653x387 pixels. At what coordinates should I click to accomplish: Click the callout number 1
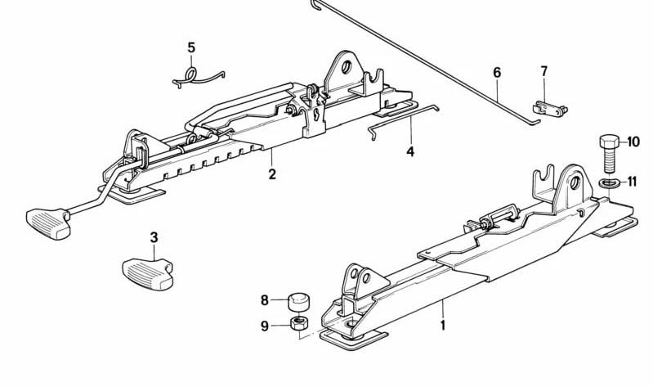click(443, 325)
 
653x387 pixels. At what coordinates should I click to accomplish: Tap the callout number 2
click(272, 174)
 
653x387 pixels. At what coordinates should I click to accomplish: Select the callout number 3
click(154, 238)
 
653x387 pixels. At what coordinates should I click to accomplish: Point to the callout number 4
click(410, 152)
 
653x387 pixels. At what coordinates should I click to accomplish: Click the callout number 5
click(191, 48)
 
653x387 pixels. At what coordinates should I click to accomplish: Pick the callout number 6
click(497, 73)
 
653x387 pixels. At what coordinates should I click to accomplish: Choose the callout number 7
click(544, 72)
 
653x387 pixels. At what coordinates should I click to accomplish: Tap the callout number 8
click(265, 299)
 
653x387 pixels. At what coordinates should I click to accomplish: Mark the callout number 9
click(265, 326)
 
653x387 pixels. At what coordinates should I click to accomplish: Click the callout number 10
click(633, 142)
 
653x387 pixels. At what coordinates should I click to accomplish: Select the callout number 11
click(633, 182)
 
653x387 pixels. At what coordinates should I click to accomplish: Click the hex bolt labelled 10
click(609, 154)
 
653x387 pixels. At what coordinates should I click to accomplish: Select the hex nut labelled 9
click(299, 323)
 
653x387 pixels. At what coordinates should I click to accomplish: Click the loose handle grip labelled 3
click(148, 273)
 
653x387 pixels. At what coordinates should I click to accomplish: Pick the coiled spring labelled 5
click(191, 78)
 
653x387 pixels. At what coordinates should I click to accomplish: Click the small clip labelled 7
click(550, 109)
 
